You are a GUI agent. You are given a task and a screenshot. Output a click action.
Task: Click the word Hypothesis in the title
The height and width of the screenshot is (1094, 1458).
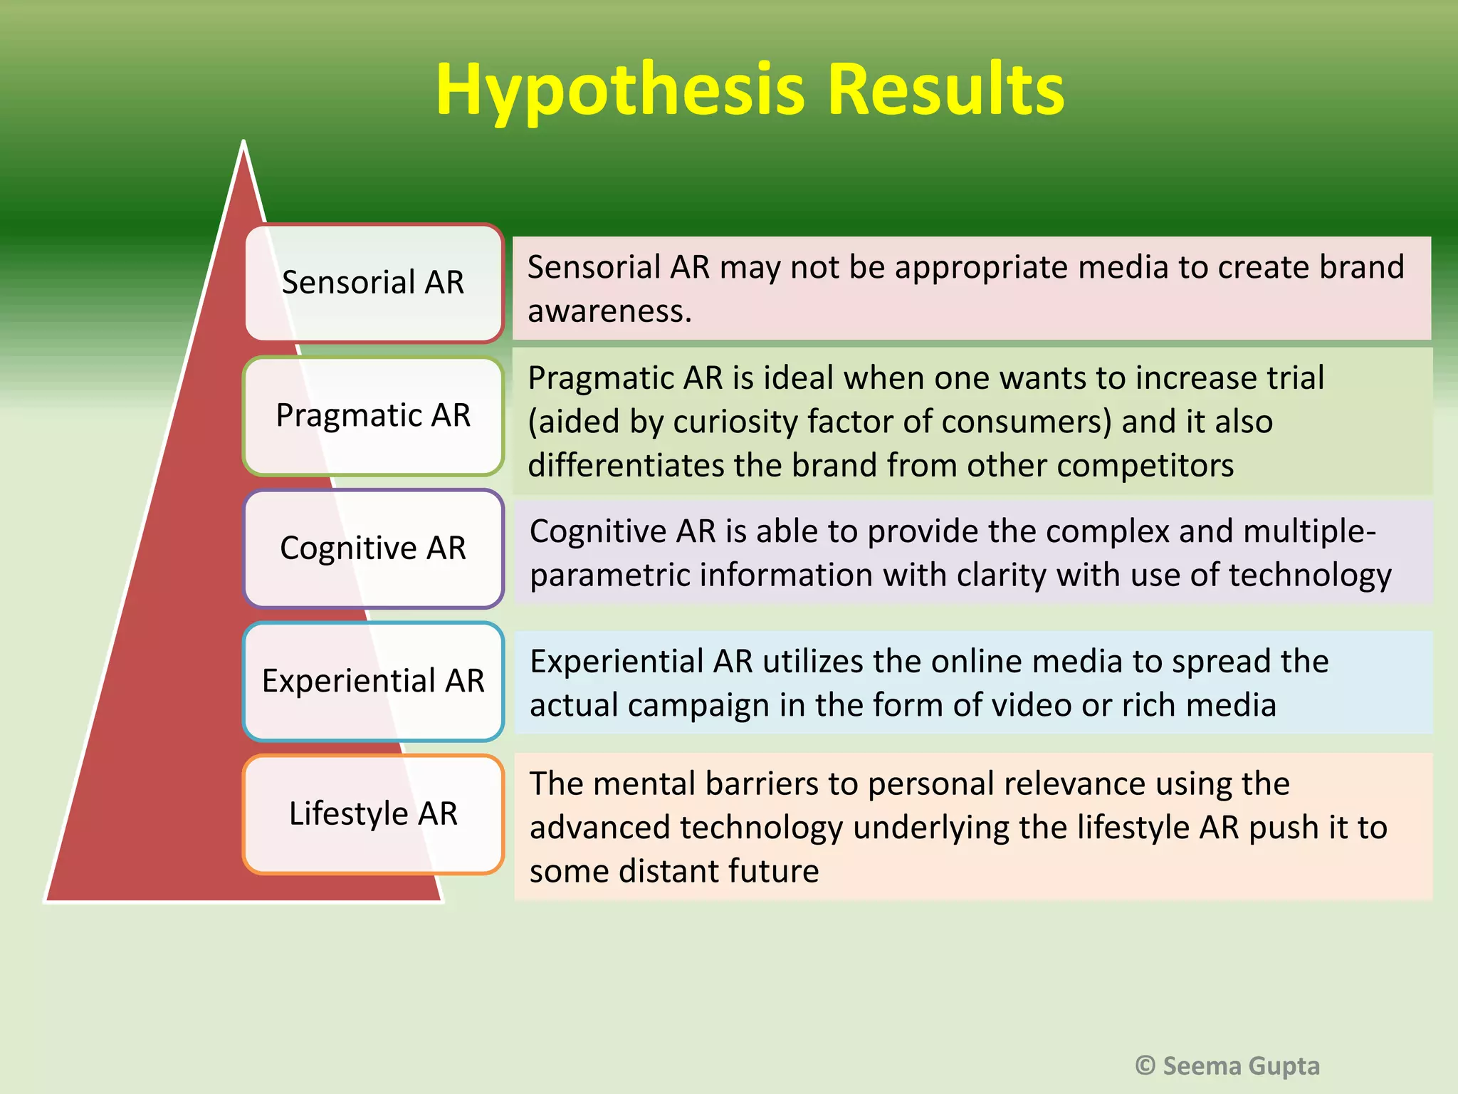[619, 91]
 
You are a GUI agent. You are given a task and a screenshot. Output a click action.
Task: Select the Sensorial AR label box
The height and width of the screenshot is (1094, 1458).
[373, 283]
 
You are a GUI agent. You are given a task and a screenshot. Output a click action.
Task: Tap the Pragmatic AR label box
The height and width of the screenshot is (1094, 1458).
[373, 415]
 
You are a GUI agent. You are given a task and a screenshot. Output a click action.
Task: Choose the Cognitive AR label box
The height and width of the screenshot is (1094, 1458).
[373, 548]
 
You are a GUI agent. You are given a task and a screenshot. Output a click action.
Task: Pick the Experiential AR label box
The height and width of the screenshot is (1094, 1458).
[373, 681]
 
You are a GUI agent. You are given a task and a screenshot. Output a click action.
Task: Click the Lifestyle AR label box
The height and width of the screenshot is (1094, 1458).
[373, 813]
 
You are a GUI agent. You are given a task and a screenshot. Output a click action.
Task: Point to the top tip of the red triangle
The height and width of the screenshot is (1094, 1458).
[243, 144]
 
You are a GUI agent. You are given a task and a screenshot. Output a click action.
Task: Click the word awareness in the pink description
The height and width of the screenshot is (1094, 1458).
[609, 311]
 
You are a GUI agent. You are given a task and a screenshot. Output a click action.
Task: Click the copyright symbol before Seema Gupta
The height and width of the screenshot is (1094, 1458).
[1145, 1066]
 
